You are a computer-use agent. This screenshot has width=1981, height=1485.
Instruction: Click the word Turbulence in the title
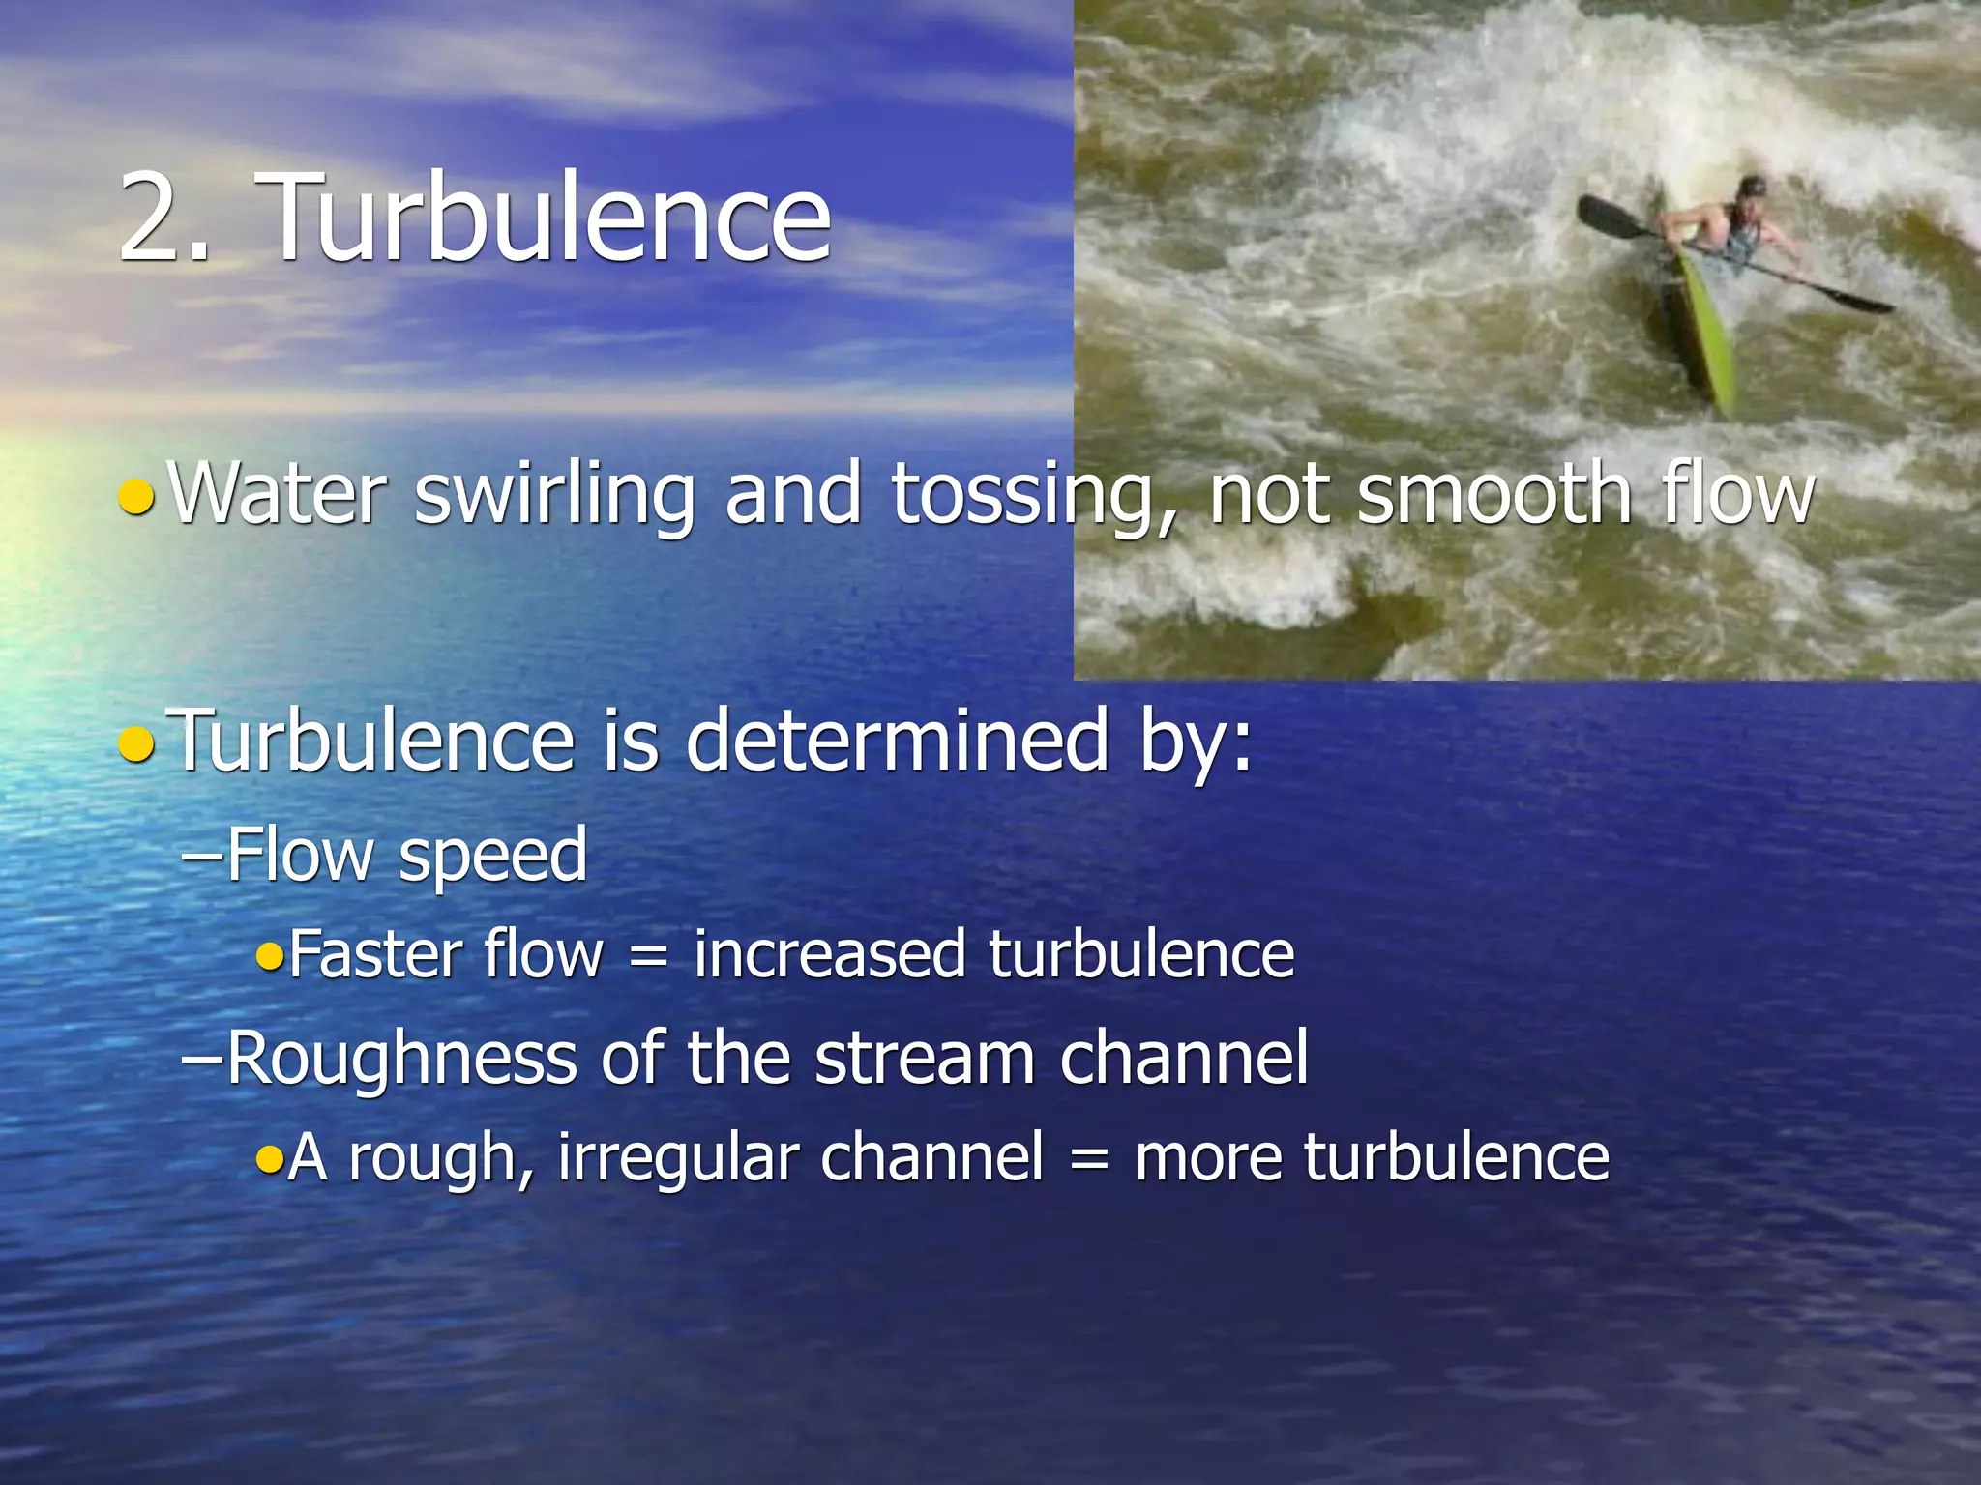point(547,217)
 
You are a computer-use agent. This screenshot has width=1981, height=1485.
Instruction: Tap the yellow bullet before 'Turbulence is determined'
point(135,744)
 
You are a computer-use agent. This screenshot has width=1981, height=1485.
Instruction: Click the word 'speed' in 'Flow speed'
point(492,857)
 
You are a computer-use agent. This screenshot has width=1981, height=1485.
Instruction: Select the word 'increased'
point(829,954)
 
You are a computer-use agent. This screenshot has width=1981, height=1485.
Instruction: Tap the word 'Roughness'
point(401,1059)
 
